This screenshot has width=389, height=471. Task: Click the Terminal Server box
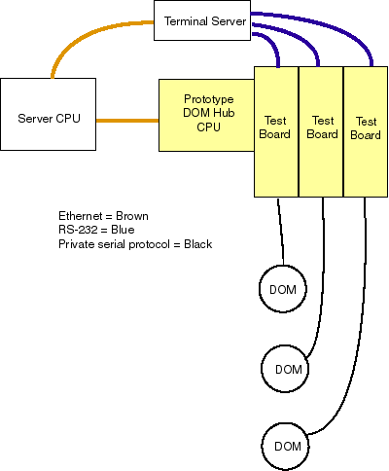(202, 20)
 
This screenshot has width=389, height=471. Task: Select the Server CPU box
(48, 114)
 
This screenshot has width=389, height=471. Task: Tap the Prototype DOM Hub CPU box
(206, 115)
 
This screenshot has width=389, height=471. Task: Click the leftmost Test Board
(276, 131)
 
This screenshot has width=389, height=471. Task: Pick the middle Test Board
(321, 131)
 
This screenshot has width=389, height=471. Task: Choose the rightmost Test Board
(366, 131)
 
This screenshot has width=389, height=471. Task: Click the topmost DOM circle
(283, 289)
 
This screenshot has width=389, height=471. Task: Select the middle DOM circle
(285, 369)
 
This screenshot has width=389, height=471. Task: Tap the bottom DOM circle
(285, 447)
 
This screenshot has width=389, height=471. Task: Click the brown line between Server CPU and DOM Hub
(127, 121)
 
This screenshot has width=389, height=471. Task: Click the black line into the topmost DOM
(281, 232)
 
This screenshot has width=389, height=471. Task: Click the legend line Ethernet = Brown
(103, 216)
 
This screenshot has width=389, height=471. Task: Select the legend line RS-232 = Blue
(96, 230)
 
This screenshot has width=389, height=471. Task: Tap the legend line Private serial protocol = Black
(135, 244)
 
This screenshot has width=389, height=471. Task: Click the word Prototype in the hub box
(209, 99)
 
